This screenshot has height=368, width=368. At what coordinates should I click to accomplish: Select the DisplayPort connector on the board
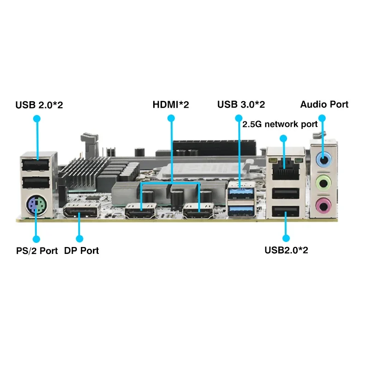pyautogui.click(x=81, y=212)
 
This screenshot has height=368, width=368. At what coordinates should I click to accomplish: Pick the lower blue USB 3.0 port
pyautogui.click(x=241, y=209)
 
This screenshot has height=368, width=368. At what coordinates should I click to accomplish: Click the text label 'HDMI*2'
pyautogui.click(x=171, y=105)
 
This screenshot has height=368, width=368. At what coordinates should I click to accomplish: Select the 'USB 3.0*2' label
pyautogui.click(x=241, y=105)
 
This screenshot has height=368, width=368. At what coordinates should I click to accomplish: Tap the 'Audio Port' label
pyautogui.click(x=324, y=104)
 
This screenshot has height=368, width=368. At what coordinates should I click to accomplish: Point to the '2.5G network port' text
pyautogui.click(x=280, y=124)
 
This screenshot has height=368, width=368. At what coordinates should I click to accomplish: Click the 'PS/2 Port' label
pyautogui.click(x=36, y=251)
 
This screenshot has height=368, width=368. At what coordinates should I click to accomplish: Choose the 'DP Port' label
pyautogui.click(x=81, y=251)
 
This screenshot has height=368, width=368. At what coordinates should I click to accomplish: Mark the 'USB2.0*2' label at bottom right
pyautogui.click(x=286, y=251)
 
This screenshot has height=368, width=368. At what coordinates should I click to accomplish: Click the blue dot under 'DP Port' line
pyautogui.click(x=79, y=239)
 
